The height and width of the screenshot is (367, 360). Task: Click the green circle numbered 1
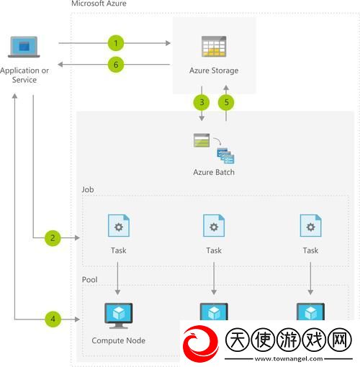(116, 43)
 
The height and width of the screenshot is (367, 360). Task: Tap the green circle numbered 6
(116, 65)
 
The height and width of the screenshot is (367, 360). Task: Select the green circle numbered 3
(202, 102)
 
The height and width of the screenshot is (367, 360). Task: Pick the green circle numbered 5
(226, 102)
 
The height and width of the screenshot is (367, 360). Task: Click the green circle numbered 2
(53, 238)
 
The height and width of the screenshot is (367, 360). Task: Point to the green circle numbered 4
(53, 319)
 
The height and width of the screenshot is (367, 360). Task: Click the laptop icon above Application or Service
(24, 47)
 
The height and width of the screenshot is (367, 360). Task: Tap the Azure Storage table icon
(214, 46)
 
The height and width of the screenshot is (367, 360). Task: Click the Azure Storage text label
(214, 71)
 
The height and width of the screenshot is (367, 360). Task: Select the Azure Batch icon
(214, 148)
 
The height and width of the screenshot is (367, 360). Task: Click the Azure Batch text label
(214, 172)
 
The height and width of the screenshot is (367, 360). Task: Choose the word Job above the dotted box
(88, 189)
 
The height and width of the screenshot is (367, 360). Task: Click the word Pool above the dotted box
(89, 279)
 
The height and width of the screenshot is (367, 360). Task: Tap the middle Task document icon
(214, 225)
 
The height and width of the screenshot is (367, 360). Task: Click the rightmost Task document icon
(310, 225)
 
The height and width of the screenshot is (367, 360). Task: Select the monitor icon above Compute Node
(119, 316)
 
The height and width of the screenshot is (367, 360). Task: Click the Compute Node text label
(119, 340)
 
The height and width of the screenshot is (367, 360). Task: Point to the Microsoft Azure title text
(99, 4)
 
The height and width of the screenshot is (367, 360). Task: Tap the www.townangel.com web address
(289, 359)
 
